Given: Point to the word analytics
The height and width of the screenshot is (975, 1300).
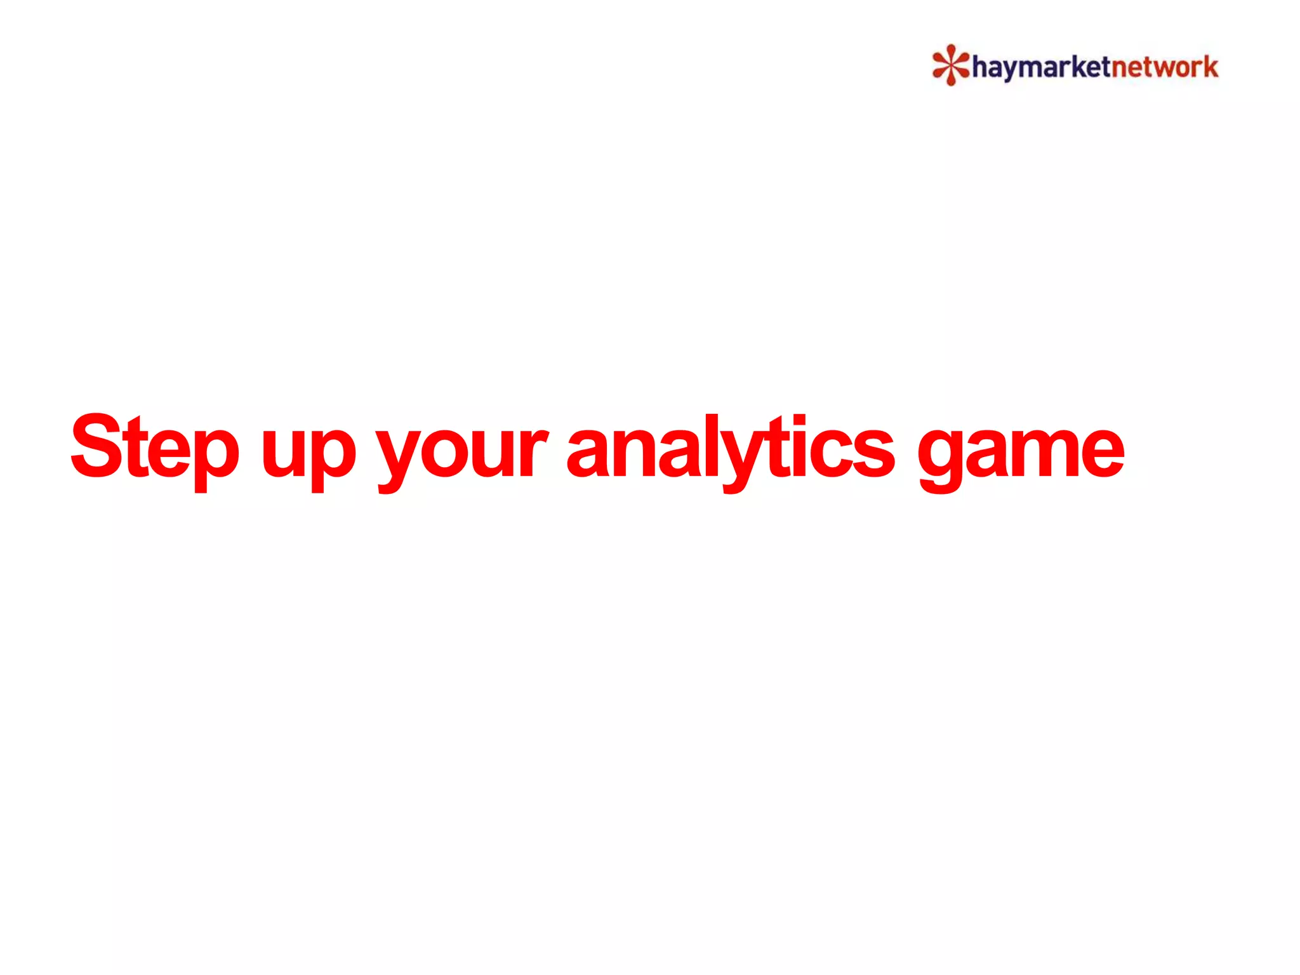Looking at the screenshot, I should coord(730,448).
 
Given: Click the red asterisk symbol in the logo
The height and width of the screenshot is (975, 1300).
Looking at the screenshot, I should coord(950,65).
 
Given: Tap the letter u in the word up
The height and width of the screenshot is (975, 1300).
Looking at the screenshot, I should coord(280,452).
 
